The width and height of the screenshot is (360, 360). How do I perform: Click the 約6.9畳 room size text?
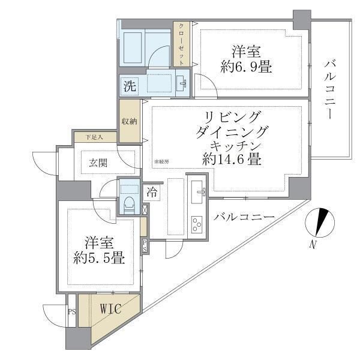[x=246, y=67]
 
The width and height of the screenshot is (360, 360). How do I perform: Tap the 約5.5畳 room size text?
[x=100, y=259]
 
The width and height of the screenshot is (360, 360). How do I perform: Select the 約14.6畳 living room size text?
[x=231, y=160]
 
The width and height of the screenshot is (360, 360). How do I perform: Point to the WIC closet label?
[x=110, y=310]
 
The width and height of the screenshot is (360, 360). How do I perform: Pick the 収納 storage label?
[x=130, y=121]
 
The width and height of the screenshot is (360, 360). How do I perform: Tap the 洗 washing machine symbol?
[x=130, y=86]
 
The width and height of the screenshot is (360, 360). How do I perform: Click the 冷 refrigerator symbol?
[x=152, y=193]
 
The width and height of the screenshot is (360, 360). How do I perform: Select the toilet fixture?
[x=128, y=202]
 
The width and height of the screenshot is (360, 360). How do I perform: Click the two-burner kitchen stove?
[x=196, y=225]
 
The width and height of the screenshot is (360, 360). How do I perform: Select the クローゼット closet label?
[x=181, y=43]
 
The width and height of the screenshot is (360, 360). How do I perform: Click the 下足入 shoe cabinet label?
[x=93, y=137]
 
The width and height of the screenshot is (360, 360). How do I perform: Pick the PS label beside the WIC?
[x=72, y=312]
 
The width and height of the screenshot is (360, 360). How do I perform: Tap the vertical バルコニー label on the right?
[x=329, y=90]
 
